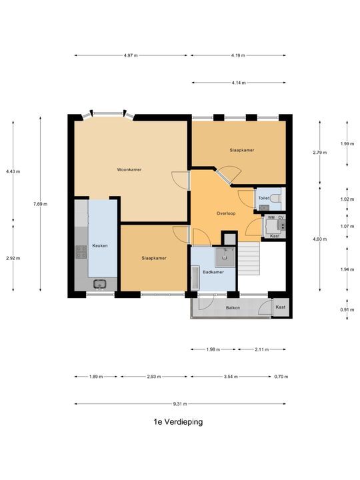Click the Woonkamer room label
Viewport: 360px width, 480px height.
coord(129,169)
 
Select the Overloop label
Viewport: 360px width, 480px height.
coord(227,213)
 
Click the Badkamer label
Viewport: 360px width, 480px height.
coord(213,273)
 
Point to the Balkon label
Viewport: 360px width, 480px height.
coord(233,307)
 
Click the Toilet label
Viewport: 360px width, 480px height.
coord(264,199)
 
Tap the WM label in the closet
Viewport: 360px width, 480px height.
coord(271,217)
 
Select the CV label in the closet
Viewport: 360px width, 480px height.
coord(281,217)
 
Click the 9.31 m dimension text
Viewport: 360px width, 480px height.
coord(179,404)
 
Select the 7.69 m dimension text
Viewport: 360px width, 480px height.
coord(41,204)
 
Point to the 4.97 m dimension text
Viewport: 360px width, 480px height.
coord(131,55)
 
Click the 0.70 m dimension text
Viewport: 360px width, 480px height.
coord(281,377)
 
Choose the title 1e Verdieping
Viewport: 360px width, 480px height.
coord(177,422)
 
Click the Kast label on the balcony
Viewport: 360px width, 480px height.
coord(281,307)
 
